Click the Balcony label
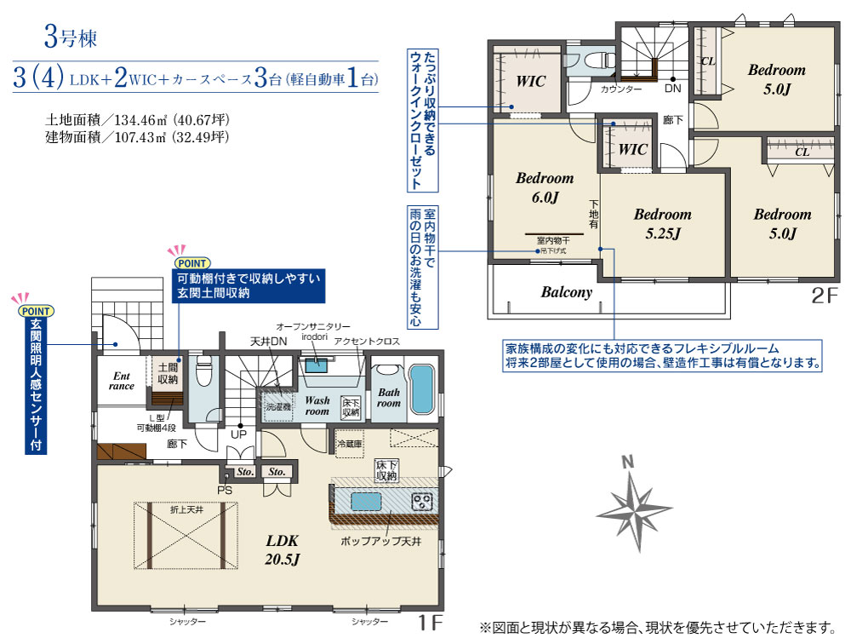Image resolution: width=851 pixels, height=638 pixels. (x=566, y=292)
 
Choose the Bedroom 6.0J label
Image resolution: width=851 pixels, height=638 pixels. (x=545, y=188)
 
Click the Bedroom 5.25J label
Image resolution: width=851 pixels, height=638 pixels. (x=662, y=223)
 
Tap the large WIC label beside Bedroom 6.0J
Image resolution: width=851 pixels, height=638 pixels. (x=530, y=81)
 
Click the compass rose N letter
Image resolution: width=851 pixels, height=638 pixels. (x=628, y=463)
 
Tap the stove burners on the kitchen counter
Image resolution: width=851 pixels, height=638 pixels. (x=422, y=501)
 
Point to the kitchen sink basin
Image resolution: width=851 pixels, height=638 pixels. (x=367, y=500)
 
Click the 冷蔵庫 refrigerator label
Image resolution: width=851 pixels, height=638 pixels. (x=350, y=444)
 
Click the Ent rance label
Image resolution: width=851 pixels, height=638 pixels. (x=121, y=380)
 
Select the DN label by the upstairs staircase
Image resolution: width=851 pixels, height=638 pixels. (x=672, y=88)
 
